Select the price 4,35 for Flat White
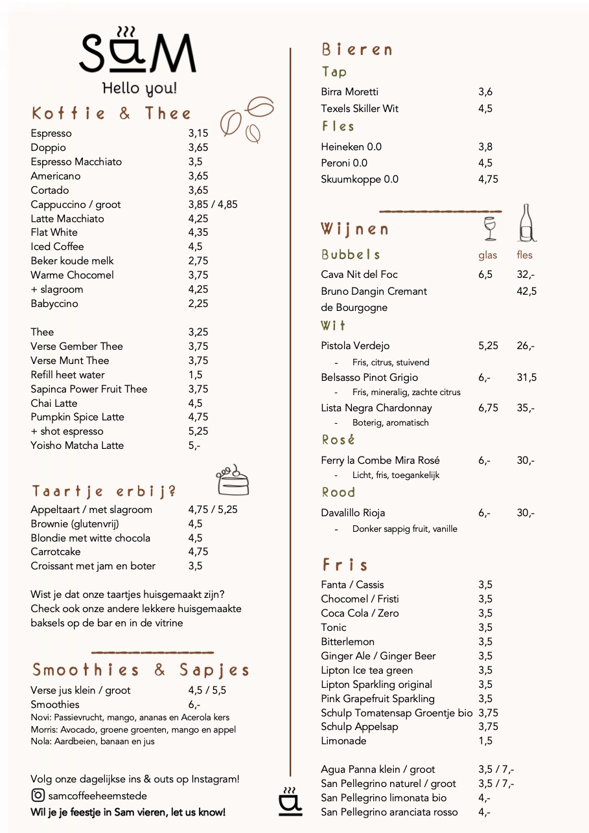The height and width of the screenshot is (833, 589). coord(198,233)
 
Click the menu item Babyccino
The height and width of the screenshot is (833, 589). coord(54,304)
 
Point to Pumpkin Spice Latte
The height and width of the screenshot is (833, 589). coord(77,417)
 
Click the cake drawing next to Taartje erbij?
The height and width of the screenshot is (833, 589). coord(232,480)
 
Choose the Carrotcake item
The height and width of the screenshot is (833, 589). coord(56,552)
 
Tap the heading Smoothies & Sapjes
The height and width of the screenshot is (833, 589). coord(141,670)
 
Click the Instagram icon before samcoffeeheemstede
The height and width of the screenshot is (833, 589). coord(38,795)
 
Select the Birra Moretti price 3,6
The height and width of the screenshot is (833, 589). coord(485,92)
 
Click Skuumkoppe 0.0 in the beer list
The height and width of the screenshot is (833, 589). coord(360,179)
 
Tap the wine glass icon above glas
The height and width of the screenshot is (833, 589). coord(489,228)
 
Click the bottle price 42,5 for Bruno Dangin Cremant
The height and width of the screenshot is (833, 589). coord(526,291)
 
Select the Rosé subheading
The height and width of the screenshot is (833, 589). coord(338,440)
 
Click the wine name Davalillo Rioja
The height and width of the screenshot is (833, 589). coord(353,513)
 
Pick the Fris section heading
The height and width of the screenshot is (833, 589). coord(345,565)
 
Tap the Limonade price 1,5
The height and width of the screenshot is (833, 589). coord(485,741)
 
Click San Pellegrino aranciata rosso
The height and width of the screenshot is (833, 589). coord(389,812)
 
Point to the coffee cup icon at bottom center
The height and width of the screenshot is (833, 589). coord(290,801)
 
